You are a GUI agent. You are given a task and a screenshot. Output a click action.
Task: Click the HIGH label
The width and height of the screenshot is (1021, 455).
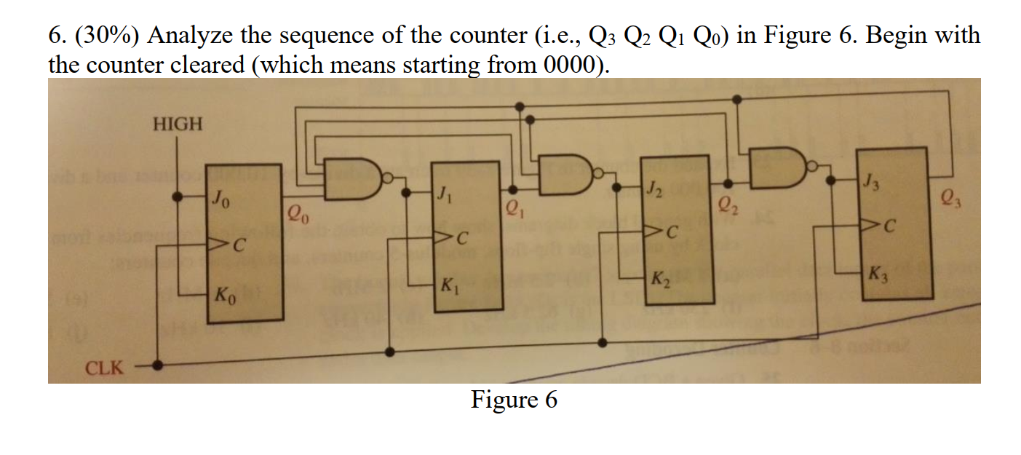[x=178, y=124]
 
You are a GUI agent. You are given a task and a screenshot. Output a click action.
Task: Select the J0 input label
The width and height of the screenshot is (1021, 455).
[x=221, y=197]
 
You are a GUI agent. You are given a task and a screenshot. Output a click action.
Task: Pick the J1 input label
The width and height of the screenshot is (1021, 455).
[x=443, y=194]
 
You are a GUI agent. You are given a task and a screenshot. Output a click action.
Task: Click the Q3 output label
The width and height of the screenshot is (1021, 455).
[x=950, y=197]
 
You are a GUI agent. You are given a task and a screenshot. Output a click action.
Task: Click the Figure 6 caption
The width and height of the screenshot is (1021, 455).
[x=514, y=400]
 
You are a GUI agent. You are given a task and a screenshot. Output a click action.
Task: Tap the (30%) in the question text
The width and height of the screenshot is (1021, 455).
[x=108, y=35]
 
